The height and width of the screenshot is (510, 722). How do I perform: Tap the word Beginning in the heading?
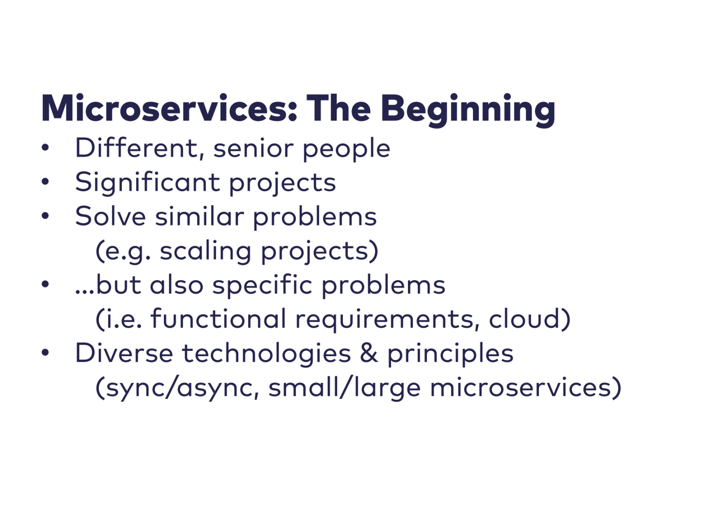tap(468, 110)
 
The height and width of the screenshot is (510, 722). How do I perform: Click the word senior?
tap(253, 150)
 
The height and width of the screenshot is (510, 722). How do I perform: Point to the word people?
tap(347, 150)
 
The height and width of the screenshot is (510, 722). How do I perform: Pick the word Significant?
tap(148, 182)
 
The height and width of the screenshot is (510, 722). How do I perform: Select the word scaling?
tap(205, 252)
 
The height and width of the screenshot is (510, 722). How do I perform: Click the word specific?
tap(262, 286)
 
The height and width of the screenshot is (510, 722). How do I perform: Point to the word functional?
tap(218, 318)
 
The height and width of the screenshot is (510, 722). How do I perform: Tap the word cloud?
tap(525, 318)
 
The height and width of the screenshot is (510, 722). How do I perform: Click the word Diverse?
tap(124, 353)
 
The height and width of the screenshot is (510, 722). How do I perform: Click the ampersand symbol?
tap(369, 353)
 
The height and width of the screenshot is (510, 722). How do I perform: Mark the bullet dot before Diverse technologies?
tap(45, 352)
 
